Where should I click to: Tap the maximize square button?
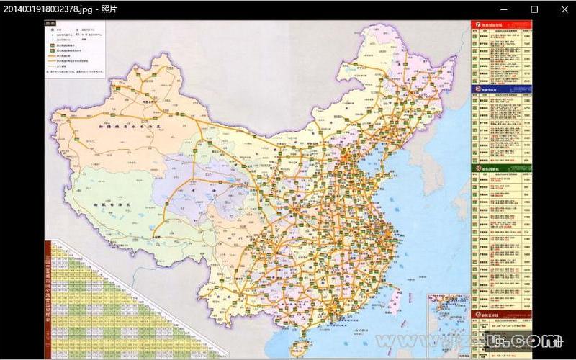[x=534, y=9]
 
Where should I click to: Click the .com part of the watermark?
[x=536, y=339]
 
